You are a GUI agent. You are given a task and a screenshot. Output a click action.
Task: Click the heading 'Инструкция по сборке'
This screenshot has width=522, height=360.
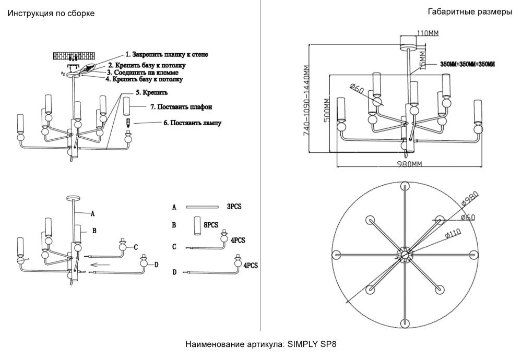point(51,14)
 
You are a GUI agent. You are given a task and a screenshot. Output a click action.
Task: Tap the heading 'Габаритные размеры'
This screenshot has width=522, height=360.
point(469,12)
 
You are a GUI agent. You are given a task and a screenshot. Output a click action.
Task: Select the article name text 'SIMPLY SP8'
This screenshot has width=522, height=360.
point(311,345)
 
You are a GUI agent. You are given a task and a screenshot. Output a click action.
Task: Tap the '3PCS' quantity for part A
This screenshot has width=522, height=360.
point(234,207)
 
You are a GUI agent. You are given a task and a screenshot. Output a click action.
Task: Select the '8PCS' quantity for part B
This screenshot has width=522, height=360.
point(211,225)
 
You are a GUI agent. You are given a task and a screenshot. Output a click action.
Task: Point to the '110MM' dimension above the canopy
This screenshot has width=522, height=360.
point(428,33)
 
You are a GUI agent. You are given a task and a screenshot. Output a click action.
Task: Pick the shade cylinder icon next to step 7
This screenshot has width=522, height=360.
point(126,109)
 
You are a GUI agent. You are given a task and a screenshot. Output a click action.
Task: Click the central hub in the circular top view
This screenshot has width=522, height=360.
point(405,254)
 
